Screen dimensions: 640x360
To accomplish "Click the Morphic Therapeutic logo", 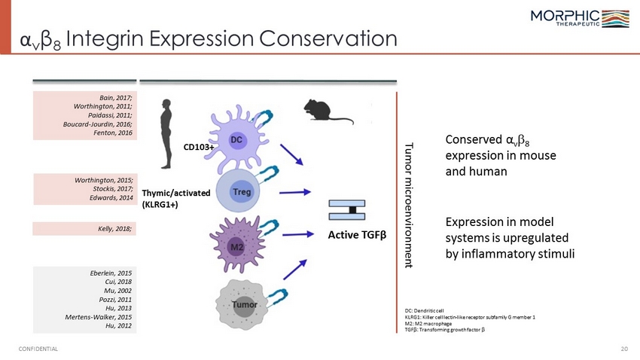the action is pos(580,18).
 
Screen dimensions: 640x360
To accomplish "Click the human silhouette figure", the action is pos(166,134).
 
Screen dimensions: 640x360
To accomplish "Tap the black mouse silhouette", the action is pos(328,111).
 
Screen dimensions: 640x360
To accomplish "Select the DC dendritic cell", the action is pos(237,139).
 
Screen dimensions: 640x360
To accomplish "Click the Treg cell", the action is pos(238,191).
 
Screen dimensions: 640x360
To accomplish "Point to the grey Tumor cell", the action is pos(242,304).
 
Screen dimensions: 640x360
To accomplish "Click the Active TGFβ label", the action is pos(357,235).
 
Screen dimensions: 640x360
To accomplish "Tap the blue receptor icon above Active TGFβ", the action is pos(347,210).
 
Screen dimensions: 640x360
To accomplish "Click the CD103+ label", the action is pos(199,147).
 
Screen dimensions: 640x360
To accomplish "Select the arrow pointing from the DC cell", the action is pos(291,154).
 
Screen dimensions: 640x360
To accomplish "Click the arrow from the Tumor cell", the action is pos(294,270).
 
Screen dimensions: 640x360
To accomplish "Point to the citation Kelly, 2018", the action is pos(114,228).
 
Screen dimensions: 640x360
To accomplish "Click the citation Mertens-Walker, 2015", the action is pos(99,317).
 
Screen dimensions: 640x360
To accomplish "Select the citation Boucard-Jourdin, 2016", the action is pos(98,124).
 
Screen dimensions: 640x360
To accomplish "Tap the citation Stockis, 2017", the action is pos(113,188).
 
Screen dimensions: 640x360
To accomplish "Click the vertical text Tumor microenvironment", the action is pos(409,205).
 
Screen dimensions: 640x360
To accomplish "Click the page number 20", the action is pos(624,349).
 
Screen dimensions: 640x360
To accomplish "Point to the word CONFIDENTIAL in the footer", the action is pos(38,349).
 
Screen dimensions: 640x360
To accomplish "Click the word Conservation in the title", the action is pos(328,38).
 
